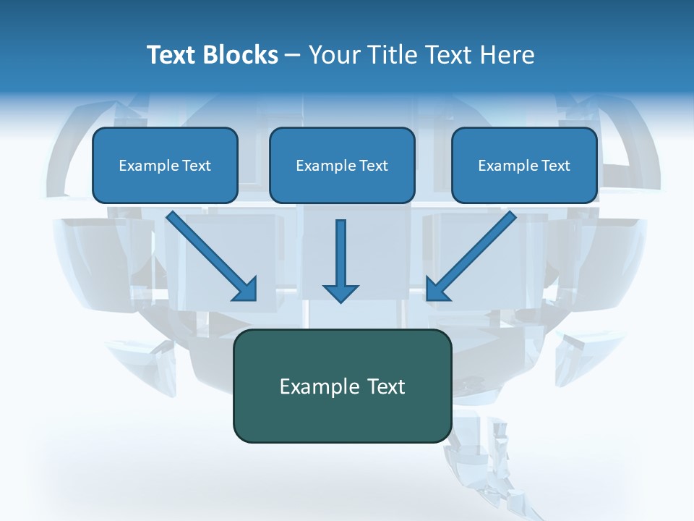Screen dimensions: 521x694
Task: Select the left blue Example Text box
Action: click(165, 165)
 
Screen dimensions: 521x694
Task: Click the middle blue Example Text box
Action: click(342, 165)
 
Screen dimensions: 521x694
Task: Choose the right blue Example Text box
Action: click(524, 165)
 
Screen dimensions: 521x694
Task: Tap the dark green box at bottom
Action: click(342, 386)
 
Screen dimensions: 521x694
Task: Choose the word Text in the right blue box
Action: click(555, 166)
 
